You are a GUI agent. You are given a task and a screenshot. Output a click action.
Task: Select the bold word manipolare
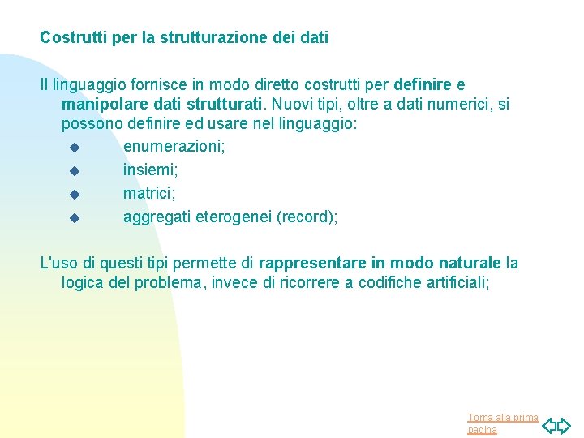point(102,105)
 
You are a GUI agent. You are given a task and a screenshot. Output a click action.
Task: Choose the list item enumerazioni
point(174,147)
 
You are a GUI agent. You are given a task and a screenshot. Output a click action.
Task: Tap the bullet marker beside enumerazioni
point(73,148)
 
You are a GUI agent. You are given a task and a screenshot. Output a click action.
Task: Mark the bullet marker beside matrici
point(73,194)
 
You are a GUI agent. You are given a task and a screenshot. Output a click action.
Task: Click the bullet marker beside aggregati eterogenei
point(73,217)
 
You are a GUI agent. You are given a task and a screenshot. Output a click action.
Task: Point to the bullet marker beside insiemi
point(73,171)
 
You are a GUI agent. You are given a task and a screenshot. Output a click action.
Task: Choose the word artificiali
point(457,283)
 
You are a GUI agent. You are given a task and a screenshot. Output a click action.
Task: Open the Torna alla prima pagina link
point(502,423)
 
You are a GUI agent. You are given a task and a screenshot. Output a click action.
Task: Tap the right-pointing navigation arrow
point(565,424)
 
